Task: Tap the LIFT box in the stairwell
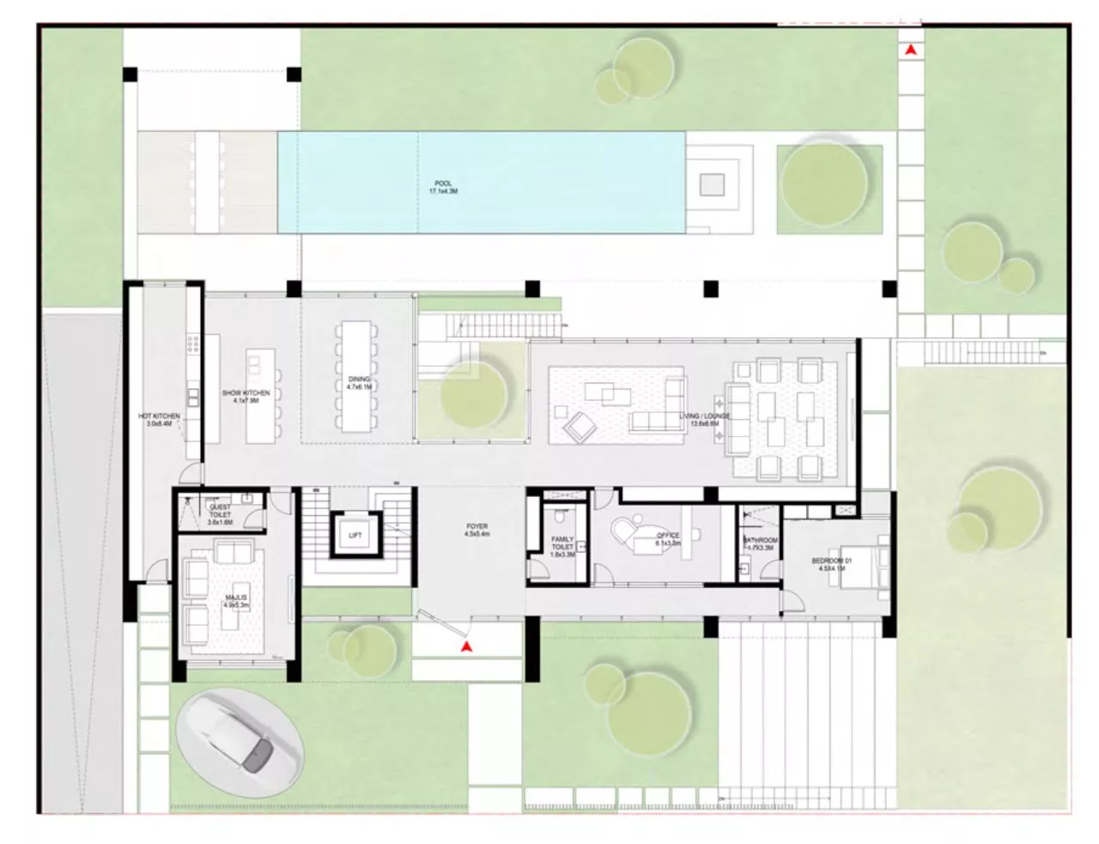pos(355,535)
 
